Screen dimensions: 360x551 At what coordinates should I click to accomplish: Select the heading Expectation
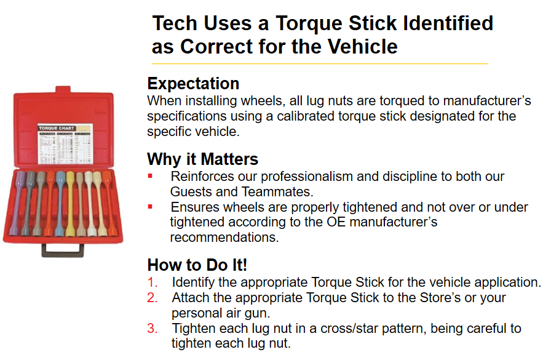pyautogui.click(x=193, y=83)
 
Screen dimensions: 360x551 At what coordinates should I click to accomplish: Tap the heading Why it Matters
pyautogui.click(x=202, y=159)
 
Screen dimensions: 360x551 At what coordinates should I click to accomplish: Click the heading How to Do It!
pyautogui.click(x=197, y=265)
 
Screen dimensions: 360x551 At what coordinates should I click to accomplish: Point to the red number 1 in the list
pyautogui.click(x=153, y=282)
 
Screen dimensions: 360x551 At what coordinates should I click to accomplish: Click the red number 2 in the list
pyautogui.click(x=153, y=298)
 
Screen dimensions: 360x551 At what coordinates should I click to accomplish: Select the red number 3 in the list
pyautogui.click(x=153, y=328)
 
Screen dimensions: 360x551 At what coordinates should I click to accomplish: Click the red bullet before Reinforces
pyautogui.click(x=150, y=176)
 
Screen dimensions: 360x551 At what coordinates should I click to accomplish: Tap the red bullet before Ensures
pyautogui.click(x=150, y=207)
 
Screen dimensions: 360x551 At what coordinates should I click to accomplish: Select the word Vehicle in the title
pyautogui.click(x=361, y=46)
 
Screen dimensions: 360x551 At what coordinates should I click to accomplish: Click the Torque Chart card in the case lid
pyautogui.click(x=62, y=145)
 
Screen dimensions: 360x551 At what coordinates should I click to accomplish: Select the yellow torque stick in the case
pyautogui.click(x=70, y=203)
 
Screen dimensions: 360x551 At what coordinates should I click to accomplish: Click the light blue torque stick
pyautogui.click(x=60, y=203)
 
